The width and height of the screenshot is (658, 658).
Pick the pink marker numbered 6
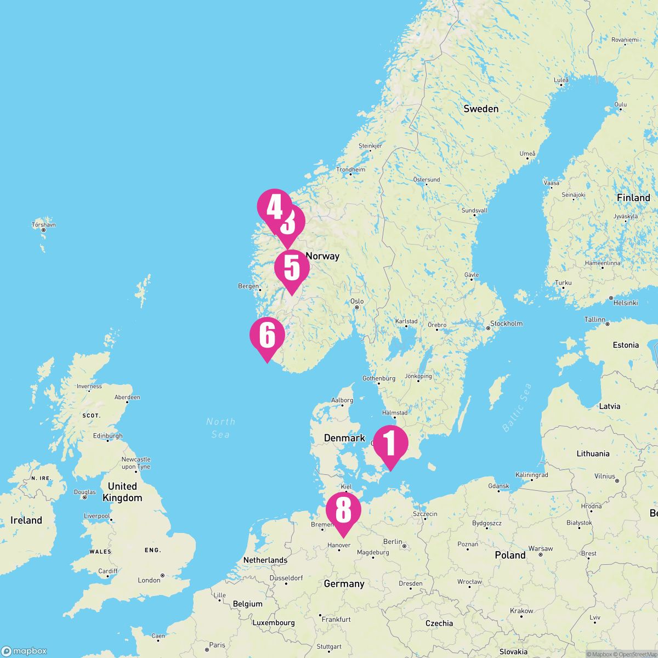[x=266, y=336]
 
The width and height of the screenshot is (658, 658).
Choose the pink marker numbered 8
[x=343, y=510]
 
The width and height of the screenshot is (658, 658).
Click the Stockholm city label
[x=507, y=324]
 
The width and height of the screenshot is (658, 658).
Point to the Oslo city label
[x=357, y=302]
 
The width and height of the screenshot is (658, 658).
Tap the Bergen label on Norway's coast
[x=248, y=286]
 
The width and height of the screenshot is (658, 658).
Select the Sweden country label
[x=481, y=109]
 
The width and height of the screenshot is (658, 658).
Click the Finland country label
[x=633, y=197]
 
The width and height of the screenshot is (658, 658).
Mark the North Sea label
[x=221, y=428]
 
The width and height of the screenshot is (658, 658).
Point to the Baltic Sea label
[x=518, y=406]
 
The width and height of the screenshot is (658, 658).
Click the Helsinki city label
[x=625, y=303]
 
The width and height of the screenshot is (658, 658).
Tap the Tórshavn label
[x=44, y=225]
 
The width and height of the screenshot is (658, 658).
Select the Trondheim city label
[x=351, y=170]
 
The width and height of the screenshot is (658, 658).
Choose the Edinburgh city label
[x=107, y=436]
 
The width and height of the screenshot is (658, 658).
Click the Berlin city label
[x=393, y=542]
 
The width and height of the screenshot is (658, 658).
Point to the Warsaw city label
[x=541, y=548]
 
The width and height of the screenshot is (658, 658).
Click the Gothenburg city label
[x=379, y=378]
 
